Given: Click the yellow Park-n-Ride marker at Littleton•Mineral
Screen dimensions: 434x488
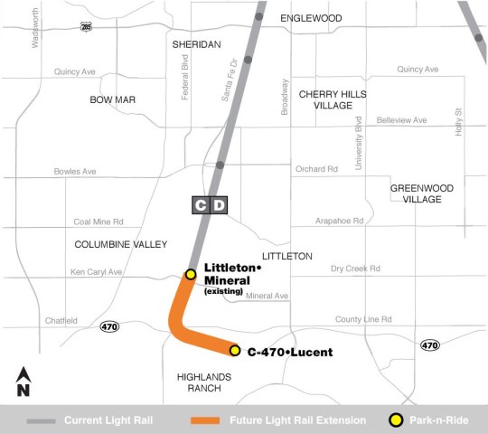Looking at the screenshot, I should click(x=191, y=274).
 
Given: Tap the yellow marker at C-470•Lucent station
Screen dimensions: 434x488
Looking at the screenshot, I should click(x=234, y=351).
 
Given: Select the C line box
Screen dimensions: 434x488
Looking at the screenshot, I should click(x=201, y=206).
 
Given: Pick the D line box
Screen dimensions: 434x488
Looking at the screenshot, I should click(x=220, y=206).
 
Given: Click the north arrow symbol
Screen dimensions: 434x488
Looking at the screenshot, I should click(x=24, y=382).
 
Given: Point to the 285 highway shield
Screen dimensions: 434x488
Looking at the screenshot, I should click(x=85, y=28).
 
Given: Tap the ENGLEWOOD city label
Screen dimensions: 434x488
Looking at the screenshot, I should click(x=311, y=18).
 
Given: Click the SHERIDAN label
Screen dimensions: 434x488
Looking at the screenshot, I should click(x=195, y=43).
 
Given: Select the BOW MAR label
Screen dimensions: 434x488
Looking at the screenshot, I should click(x=112, y=99).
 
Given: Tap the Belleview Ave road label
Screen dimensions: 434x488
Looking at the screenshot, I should click(x=401, y=119).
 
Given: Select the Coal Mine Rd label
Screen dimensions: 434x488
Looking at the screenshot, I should click(x=98, y=221).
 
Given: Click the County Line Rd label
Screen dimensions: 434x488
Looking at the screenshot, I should click(x=363, y=319).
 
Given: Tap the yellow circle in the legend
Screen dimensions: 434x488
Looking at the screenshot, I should click(x=394, y=420).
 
